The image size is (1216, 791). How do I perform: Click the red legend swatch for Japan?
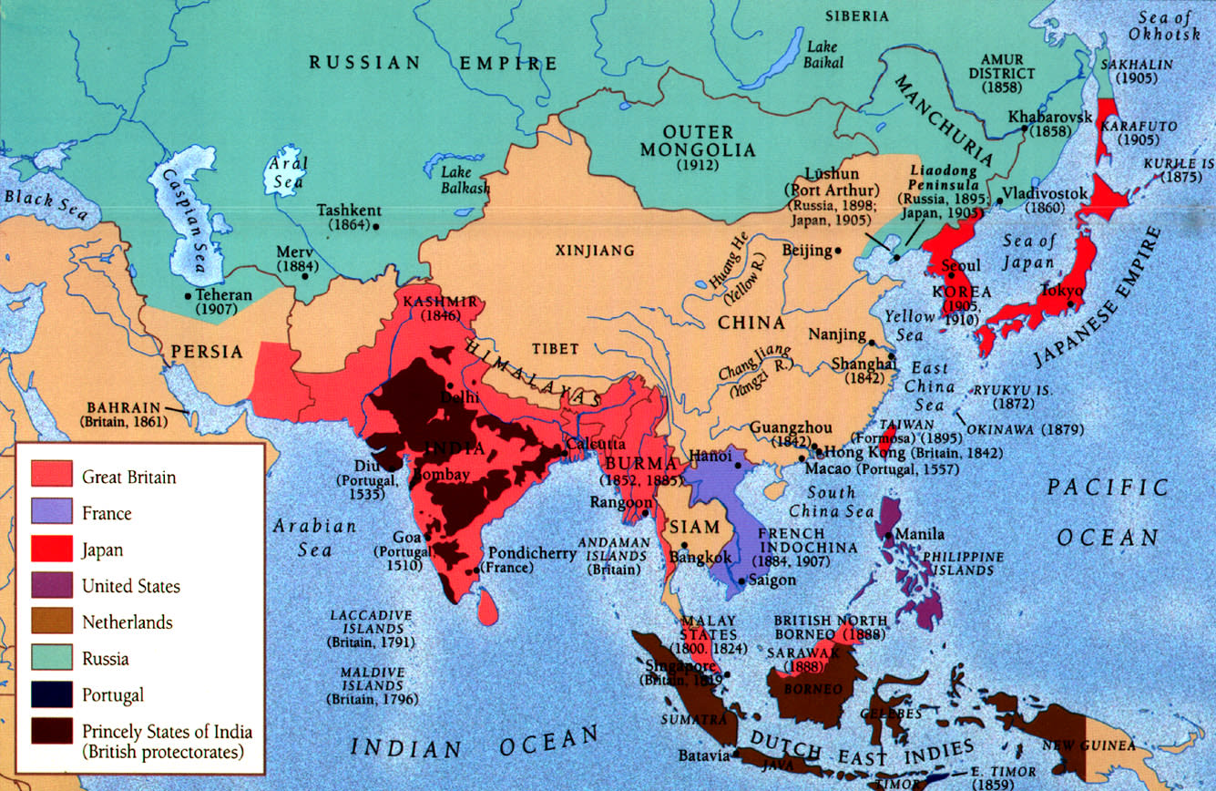[52, 550]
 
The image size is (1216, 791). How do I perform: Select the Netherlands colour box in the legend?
[52, 622]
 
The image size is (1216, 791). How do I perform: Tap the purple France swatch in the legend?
[52, 513]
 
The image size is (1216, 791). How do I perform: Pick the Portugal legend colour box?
[52, 695]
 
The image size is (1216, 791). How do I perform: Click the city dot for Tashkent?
[376, 224]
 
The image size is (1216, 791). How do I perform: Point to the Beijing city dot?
[839, 250]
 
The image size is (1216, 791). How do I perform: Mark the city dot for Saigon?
[741, 580]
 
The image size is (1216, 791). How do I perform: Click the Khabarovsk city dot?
[1026, 130]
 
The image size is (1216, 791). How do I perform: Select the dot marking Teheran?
[189, 295]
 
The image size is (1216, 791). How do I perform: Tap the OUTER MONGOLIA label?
[698, 140]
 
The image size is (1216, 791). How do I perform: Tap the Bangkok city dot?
[684, 544]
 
